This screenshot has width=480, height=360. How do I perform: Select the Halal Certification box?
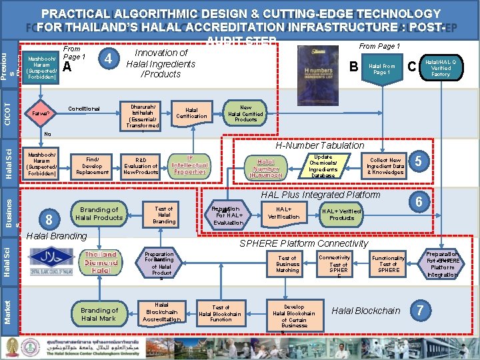(191, 113)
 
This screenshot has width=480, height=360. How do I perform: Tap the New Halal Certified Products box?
(245, 113)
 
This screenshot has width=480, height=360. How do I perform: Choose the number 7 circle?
(419, 310)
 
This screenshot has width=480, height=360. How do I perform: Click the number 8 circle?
(46, 219)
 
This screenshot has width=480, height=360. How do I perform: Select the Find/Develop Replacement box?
(92, 165)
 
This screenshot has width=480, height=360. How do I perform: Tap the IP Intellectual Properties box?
(190, 165)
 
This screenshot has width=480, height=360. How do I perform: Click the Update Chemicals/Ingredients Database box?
(323, 166)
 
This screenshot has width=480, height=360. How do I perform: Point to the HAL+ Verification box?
(283, 213)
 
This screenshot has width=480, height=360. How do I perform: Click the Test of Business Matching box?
(287, 264)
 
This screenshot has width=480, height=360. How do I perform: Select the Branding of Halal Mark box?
(99, 314)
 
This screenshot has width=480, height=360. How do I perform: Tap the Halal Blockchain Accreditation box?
(161, 312)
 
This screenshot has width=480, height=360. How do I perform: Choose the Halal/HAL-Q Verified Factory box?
(441, 67)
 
